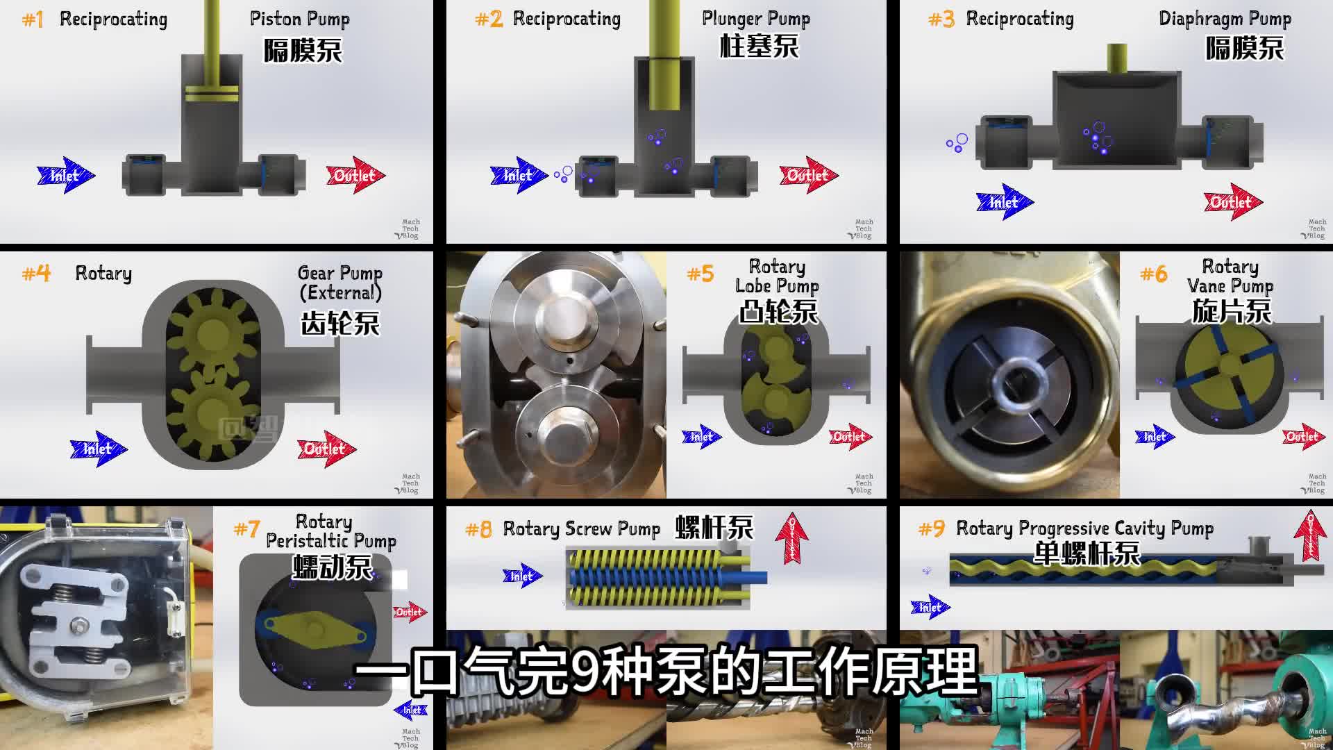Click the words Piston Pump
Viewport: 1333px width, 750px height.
tap(299, 19)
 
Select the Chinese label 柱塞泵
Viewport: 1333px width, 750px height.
tap(759, 47)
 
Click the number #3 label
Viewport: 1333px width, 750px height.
tap(941, 19)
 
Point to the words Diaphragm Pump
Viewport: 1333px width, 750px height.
tap(1225, 19)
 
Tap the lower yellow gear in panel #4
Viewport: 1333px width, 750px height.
tap(208, 415)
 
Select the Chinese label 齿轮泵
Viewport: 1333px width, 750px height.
tap(340, 323)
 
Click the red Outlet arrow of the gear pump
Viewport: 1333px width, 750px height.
tap(326, 449)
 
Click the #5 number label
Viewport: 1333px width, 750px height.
tap(700, 274)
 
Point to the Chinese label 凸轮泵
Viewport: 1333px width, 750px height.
tap(778, 312)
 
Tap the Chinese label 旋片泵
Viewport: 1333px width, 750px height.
tap(1231, 311)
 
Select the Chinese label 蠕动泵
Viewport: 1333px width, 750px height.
tap(332, 567)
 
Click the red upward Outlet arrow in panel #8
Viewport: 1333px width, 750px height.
tap(792, 537)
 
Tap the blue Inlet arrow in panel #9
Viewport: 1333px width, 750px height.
tap(929, 607)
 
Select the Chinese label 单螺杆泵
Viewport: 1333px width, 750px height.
tap(1087, 553)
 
